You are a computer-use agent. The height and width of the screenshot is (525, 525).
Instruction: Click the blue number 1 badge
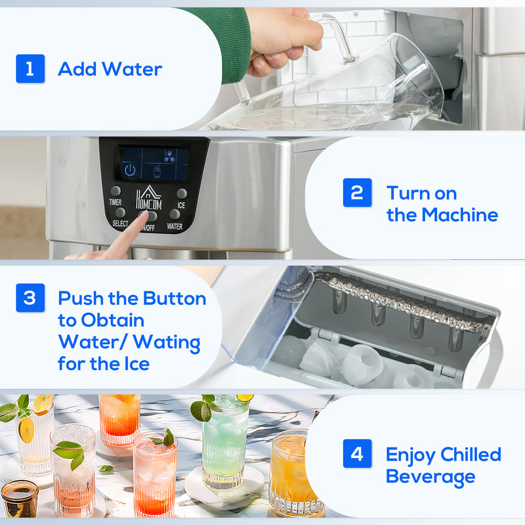point(30,69)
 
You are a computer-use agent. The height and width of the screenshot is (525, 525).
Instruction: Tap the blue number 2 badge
point(357,193)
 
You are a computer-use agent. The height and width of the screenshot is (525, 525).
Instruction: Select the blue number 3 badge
point(30,298)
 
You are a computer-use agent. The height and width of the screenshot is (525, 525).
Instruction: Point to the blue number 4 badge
point(357,453)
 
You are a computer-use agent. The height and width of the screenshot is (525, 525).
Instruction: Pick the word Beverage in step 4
point(430,476)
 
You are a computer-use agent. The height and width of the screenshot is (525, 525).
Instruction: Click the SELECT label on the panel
point(120,224)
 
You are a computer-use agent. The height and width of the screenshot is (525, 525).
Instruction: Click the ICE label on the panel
point(181,205)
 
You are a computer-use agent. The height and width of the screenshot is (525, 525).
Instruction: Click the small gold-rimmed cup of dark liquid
point(19,499)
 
